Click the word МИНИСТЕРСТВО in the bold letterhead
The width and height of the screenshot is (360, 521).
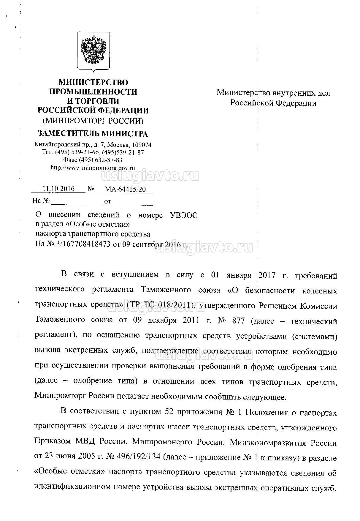93,82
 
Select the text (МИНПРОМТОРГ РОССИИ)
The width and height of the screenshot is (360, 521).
93,121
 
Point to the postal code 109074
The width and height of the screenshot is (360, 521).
141,145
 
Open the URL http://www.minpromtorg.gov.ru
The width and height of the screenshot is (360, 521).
93,168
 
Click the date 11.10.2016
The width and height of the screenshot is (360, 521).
58,189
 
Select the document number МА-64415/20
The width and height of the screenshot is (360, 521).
126,189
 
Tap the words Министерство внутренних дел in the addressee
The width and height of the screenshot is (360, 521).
273,93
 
